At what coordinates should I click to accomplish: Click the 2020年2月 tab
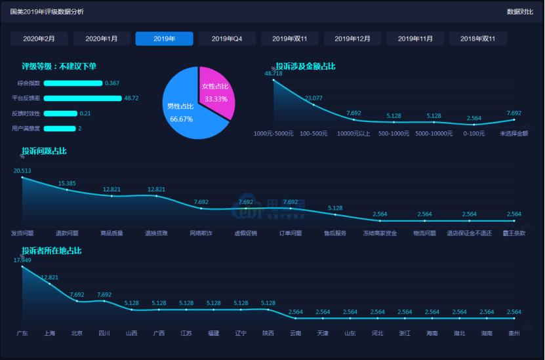[39, 39]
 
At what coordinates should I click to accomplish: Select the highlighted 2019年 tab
[164, 39]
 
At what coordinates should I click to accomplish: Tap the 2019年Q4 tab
[227, 39]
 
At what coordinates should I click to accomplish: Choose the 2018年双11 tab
[477, 39]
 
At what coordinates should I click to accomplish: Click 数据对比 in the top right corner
[520, 12]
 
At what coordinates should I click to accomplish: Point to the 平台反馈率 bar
[82, 98]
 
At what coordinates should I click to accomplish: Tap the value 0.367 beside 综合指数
[111, 83]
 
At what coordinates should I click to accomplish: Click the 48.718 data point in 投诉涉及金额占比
[273, 80]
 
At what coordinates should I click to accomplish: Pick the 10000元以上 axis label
[353, 133]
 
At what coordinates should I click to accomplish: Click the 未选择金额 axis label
[514, 133]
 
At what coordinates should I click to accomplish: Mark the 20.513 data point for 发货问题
[22, 177]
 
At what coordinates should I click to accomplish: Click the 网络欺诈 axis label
[201, 233]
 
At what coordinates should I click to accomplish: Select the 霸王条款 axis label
[514, 233]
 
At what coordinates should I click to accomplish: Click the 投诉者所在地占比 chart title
[51, 250]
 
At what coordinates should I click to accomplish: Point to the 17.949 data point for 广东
[22, 266]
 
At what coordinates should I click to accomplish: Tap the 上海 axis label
[50, 333]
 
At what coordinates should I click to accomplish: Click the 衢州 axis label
[514, 333]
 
